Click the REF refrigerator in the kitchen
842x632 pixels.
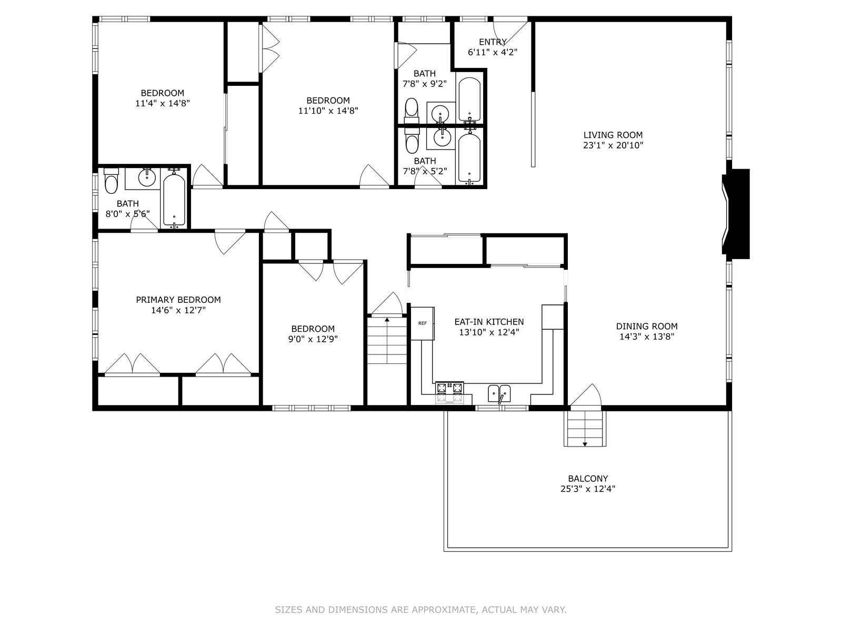pos(422,323)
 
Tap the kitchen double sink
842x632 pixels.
pos(499,392)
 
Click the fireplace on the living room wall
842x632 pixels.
pos(737,214)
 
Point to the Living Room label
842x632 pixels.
pos(613,135)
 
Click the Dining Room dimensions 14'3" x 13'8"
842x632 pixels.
pos(647,337)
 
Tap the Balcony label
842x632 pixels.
pos(588,479)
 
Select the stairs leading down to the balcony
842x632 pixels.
pos(585,428)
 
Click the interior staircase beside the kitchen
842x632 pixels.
pos(387,340)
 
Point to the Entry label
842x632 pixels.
pos(493,42)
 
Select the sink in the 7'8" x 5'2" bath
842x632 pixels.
pos(442,137)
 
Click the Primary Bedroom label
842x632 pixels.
pos(178,300)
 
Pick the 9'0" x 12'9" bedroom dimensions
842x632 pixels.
pos(313,339)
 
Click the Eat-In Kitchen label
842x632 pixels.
pos(489,322)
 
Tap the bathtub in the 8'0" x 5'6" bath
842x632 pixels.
pos(174,200)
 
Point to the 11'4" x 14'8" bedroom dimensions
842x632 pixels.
pos(162,104)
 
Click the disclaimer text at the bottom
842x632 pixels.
pos(420,610)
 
